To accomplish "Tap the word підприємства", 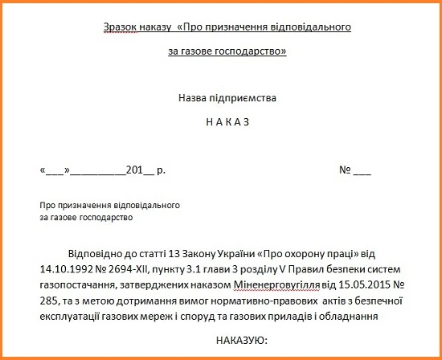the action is pyautogui.click(x=246, y=98).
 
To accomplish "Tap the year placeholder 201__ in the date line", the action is pyautogui.click(x=135, y=170).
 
